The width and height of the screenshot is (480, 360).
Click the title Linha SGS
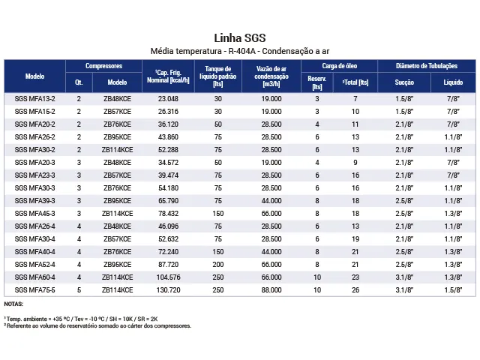point(240,38)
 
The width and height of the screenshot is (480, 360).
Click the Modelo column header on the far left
point(34,76)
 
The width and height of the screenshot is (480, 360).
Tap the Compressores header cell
point(103,66)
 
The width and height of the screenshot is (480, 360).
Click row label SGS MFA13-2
point(34,99)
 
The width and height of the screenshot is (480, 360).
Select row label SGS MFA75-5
point(34,289)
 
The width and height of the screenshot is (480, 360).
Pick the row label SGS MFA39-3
point(34,200)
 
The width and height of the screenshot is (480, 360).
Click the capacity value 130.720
point(168,289)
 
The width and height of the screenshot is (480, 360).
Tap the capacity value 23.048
point(168,99)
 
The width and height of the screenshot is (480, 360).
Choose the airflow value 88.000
point(271,289)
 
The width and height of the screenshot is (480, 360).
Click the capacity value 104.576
point(168,276)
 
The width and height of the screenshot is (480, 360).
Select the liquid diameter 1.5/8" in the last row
point(452,289)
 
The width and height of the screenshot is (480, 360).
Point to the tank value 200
point(218,263)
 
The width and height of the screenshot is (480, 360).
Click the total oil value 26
point(355,289)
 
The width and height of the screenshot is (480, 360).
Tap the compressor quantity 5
point(79,289)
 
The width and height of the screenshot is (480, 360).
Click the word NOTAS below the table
point(13,304)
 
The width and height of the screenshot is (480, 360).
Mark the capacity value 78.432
point(168,213)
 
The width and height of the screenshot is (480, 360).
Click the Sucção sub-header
point(404,82)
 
